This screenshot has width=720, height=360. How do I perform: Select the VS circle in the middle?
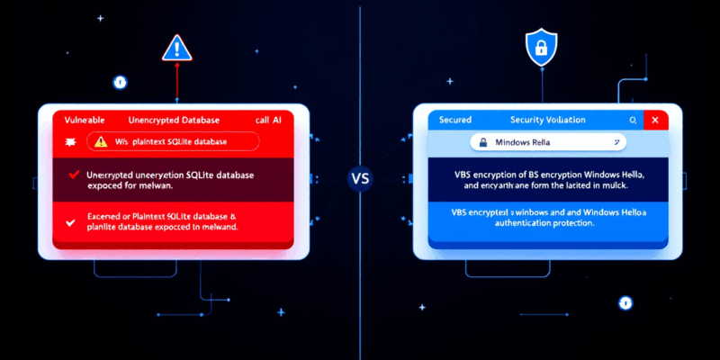(x=360, y=177)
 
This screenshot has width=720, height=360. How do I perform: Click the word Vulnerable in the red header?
(x=79, y=120)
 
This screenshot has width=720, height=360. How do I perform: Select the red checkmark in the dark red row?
(x=74, y=174)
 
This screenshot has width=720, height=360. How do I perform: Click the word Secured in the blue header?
(x=455, y=120)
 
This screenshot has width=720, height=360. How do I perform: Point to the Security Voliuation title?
(x=547, y=120)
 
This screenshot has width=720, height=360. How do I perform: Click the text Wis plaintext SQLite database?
(x=170, y=141)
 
